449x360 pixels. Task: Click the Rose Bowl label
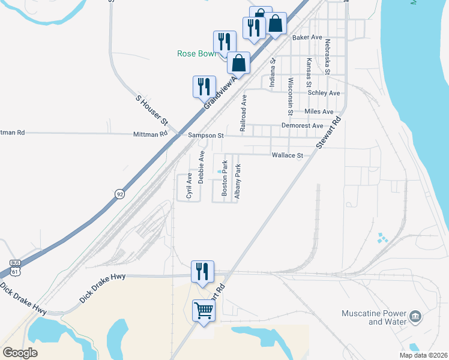point(196,53)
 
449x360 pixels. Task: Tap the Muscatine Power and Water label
point(371,317)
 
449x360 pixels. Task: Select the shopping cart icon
point(203,311)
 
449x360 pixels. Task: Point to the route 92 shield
point(120,194)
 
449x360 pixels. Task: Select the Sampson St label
point(205,136)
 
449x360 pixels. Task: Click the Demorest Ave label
point(302,125)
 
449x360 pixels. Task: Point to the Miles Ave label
point(319,112)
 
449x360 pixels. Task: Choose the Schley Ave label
point(324,93)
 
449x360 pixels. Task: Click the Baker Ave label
point(307,37)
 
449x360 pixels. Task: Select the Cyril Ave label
point(189,186)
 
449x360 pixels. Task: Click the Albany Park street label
point(238,181)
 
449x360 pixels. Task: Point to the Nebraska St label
point(328,57)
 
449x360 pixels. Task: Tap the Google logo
point(20,352)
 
